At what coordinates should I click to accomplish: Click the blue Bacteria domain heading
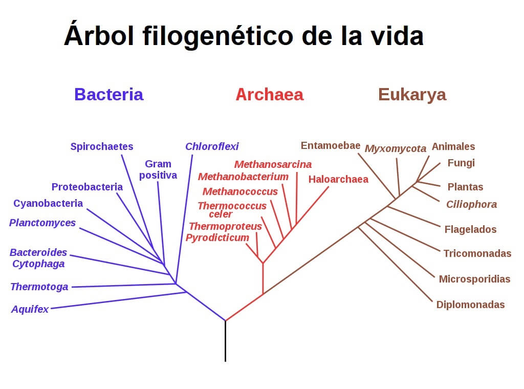(108, 95)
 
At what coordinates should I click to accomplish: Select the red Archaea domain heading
(269, 95)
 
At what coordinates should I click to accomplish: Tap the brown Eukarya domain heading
(412, 95)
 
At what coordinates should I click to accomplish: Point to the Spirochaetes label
(102, 147)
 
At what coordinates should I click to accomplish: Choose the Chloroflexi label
(212, 147)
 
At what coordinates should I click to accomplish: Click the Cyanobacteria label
(48, 203)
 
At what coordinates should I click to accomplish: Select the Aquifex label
(30, 309)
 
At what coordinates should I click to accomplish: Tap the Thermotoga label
(39, 287)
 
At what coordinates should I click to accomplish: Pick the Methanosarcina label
(273, 164)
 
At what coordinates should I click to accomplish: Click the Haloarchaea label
(338, 180)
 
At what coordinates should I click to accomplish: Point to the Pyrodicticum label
(217, 237)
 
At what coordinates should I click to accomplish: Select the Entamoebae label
(331, 146)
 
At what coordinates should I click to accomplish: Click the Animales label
(453, 147)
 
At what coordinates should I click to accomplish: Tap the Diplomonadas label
(470, 305)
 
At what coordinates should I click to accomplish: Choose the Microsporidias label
(474, 279)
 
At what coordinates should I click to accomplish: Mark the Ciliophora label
(471, 204)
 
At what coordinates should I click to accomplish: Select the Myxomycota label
(396, 149)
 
